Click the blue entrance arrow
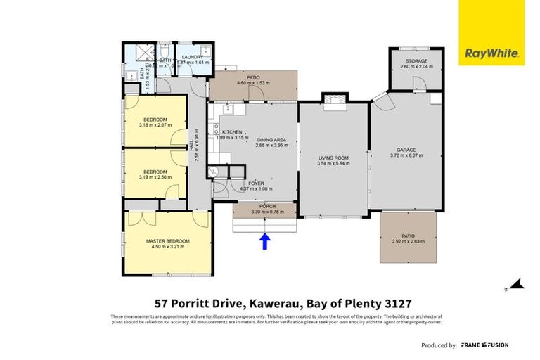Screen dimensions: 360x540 (264, 242)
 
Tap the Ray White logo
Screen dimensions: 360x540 (491, 53)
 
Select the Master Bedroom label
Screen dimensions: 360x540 (167, 241)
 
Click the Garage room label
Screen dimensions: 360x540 (407, 150)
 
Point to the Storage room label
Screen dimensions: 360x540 (416, 61)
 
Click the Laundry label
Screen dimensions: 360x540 (192, 56)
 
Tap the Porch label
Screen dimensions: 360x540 (264, 205)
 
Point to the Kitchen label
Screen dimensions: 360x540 (232, 132)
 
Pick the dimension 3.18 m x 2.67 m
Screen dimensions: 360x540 (156, 126)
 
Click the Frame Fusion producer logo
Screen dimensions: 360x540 (484, 345)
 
